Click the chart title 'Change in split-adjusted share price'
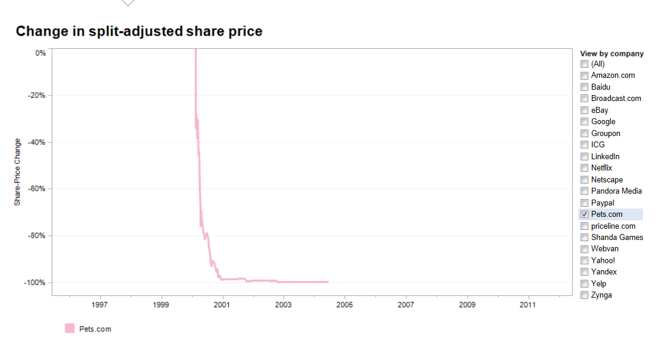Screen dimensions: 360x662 (x=139, y=31)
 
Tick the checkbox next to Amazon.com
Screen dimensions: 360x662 (x=585, y=75)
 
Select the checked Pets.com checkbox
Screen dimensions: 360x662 (x=585, y=214)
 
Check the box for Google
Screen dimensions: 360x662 (x=585, y=122)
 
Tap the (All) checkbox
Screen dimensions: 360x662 (x=585, y=64)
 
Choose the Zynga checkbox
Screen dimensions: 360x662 (x=585, y=295)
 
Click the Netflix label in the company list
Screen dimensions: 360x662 (x=601, y=168)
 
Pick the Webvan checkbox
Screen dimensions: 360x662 (x=585, y=249)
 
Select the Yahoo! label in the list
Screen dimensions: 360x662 (x=603, y=260)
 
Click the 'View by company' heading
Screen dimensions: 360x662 (x=611, y=53)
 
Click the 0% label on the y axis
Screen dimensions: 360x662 (x=40, y=53)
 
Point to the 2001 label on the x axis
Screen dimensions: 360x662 (x=223, y=305)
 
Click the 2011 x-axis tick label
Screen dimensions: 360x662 (x=528, y=305)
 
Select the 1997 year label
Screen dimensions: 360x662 (x=100, y=305)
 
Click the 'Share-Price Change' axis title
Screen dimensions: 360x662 (x=18, y=172)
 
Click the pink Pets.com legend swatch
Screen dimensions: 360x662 (x=70, y=329)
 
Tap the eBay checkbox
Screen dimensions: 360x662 (x=585, y=110)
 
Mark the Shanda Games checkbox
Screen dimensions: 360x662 (x=585, y=238)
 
